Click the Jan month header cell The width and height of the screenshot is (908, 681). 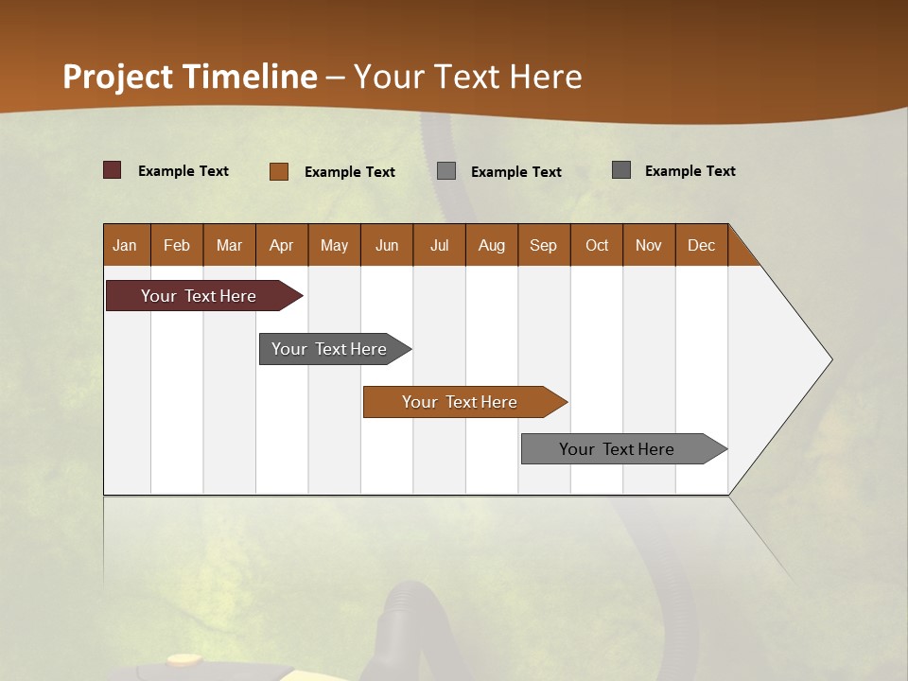pos(126,245)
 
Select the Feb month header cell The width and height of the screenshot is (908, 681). pos(177,245)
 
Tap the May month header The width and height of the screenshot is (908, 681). pos(334,245)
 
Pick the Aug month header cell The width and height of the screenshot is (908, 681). pos(491,245)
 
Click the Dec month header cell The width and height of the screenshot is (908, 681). pos(701,245)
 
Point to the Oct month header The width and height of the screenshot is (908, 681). pos(597,245)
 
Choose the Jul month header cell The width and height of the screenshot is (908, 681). pos(439,245)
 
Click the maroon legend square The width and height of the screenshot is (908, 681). pos(113,170)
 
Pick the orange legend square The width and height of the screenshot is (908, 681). pos(279,171)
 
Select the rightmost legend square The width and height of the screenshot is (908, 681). pos(621,170)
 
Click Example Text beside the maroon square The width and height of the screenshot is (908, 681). pos(183,171)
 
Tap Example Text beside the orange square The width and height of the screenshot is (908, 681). pos(350,172)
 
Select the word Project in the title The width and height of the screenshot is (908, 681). pos(118,77)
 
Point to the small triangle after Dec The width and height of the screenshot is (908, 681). pos(741,252)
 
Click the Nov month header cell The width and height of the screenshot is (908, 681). pos(649,245)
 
